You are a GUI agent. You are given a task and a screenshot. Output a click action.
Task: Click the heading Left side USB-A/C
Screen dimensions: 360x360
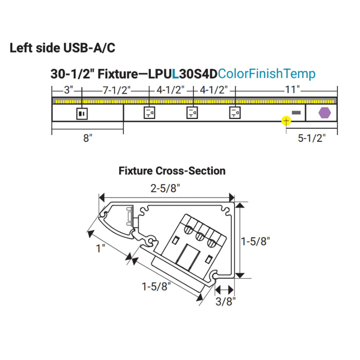tap(62, 48)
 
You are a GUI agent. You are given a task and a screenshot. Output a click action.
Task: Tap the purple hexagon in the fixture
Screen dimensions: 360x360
tap(324, 113)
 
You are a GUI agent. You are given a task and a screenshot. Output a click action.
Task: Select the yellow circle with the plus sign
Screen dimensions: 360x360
tap(286, 121)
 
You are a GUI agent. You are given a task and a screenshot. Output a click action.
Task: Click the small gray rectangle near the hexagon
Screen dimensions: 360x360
tap(296, 112)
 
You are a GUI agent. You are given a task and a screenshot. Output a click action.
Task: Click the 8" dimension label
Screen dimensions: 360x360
tap(87, 137)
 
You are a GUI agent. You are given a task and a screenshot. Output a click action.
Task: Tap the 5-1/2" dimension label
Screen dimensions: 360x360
tap(312, 137)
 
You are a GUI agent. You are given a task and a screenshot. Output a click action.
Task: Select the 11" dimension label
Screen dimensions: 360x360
tap(291, 89)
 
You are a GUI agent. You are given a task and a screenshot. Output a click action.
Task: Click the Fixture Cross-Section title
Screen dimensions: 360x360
tap(172, 170)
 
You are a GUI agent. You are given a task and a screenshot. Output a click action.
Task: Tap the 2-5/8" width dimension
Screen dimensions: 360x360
tap(166, 188)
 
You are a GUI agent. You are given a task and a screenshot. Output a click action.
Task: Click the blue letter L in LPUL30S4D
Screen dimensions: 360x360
tap(175, 74)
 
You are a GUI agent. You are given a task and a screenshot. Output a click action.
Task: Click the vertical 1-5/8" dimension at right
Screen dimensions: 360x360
tap(256, 240)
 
